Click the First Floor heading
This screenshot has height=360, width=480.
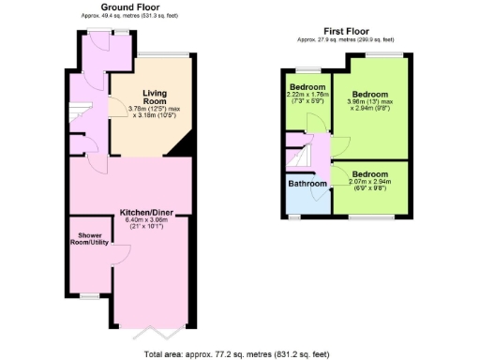(x=345, y=31)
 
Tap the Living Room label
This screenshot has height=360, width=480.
(x=155, y=97)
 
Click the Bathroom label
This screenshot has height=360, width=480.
(x=307, y=184)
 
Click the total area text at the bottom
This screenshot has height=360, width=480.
(x=239, y=352)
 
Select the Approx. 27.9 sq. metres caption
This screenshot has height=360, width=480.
(x=345, y=39)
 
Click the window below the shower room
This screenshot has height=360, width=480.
(x=90, y=294)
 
